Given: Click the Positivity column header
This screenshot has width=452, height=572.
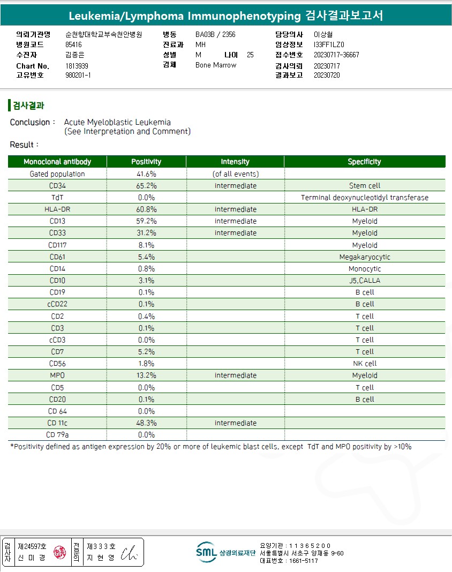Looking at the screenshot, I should pos(146,162).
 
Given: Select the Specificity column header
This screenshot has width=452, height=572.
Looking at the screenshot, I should pos(364,162).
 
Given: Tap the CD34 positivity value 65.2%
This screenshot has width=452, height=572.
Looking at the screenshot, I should pos(146,186).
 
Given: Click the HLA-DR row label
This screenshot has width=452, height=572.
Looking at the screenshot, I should pos(57,209).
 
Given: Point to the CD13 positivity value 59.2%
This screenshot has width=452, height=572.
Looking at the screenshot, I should pos(146,221).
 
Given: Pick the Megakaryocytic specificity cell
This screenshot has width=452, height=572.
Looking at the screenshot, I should pos(365,257).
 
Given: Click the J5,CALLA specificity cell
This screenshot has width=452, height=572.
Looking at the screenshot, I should pos(365,281).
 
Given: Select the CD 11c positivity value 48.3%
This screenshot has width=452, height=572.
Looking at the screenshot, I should pos(146,423).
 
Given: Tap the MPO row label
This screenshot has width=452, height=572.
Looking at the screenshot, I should pos(57,375).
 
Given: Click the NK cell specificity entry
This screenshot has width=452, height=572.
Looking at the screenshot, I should pos(365,364).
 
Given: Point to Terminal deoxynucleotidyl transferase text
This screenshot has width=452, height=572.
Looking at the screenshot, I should pos(365,198).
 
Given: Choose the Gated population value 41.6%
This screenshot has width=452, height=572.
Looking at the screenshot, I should pos(146,174).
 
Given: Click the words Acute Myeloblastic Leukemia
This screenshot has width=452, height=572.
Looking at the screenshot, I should pos(117,122).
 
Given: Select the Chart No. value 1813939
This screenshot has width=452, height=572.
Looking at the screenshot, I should pos(77,66).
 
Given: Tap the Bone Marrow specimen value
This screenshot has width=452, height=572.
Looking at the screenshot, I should pos(216,65).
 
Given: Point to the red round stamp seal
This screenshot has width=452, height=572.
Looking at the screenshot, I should pos(59,552).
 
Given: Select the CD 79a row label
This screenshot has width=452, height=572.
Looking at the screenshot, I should pos(57,435).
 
